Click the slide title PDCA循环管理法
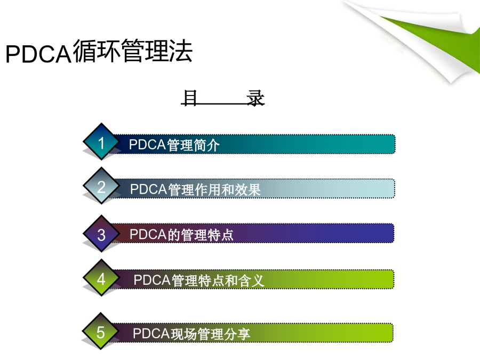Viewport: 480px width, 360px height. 99,51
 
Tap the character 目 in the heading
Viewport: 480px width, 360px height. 189,98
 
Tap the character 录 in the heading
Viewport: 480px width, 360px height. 255,98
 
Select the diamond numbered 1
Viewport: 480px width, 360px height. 101,141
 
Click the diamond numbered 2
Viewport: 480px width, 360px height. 101,186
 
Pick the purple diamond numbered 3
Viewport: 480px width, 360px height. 101,234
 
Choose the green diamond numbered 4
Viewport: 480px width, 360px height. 101,278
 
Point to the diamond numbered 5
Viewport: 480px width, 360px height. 100,331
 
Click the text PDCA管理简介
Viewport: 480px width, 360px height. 174,145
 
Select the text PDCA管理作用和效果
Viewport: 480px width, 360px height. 195,189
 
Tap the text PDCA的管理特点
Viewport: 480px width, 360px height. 181,235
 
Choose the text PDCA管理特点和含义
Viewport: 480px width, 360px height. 199,281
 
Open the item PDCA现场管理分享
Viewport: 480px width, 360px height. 191,334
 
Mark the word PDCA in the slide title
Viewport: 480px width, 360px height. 38,54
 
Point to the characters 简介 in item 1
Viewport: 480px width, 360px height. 206,145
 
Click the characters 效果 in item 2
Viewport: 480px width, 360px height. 247,189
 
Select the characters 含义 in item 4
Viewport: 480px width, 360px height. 251,281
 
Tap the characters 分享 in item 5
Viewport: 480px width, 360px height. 237,334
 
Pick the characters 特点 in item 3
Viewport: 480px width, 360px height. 220,235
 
